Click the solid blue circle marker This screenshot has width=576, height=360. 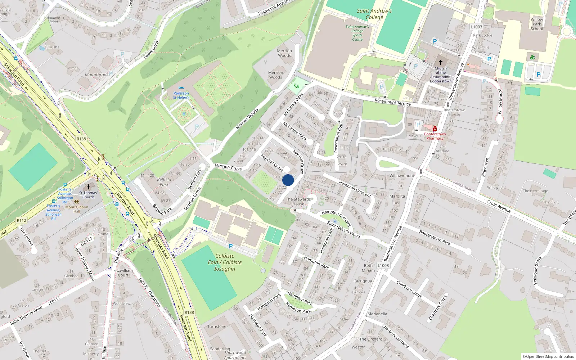pos(288,180)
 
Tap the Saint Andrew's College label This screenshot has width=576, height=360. pos(374,14)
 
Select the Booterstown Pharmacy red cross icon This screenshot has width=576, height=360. pos(435,129)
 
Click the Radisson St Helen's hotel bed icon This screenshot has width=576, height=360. pos(181,88)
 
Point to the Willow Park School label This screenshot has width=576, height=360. pos(537,24)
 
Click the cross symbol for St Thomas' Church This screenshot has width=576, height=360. pos(89,187)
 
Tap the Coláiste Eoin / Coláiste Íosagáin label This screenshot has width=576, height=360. pos(225,262)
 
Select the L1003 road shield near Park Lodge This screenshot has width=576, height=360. pos(476,27)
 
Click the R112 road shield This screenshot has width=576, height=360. pos(22,220)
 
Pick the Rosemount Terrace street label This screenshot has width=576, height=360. pos(392,102)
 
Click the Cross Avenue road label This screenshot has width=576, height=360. pos(499,206)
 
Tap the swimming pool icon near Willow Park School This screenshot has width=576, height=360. pos(532,57)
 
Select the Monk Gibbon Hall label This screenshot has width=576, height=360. pos(77,209)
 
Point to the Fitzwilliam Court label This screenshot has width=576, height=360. pos(123,273)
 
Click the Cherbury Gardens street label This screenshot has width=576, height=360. pos(396,336)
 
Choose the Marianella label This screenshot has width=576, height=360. pos(377,314)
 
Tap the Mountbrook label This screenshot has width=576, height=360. pos(96,75)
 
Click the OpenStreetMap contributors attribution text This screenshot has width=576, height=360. pos(548,356)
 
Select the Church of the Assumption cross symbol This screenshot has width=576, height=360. pos(440,62)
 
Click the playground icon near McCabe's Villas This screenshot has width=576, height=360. pos(296,86)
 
